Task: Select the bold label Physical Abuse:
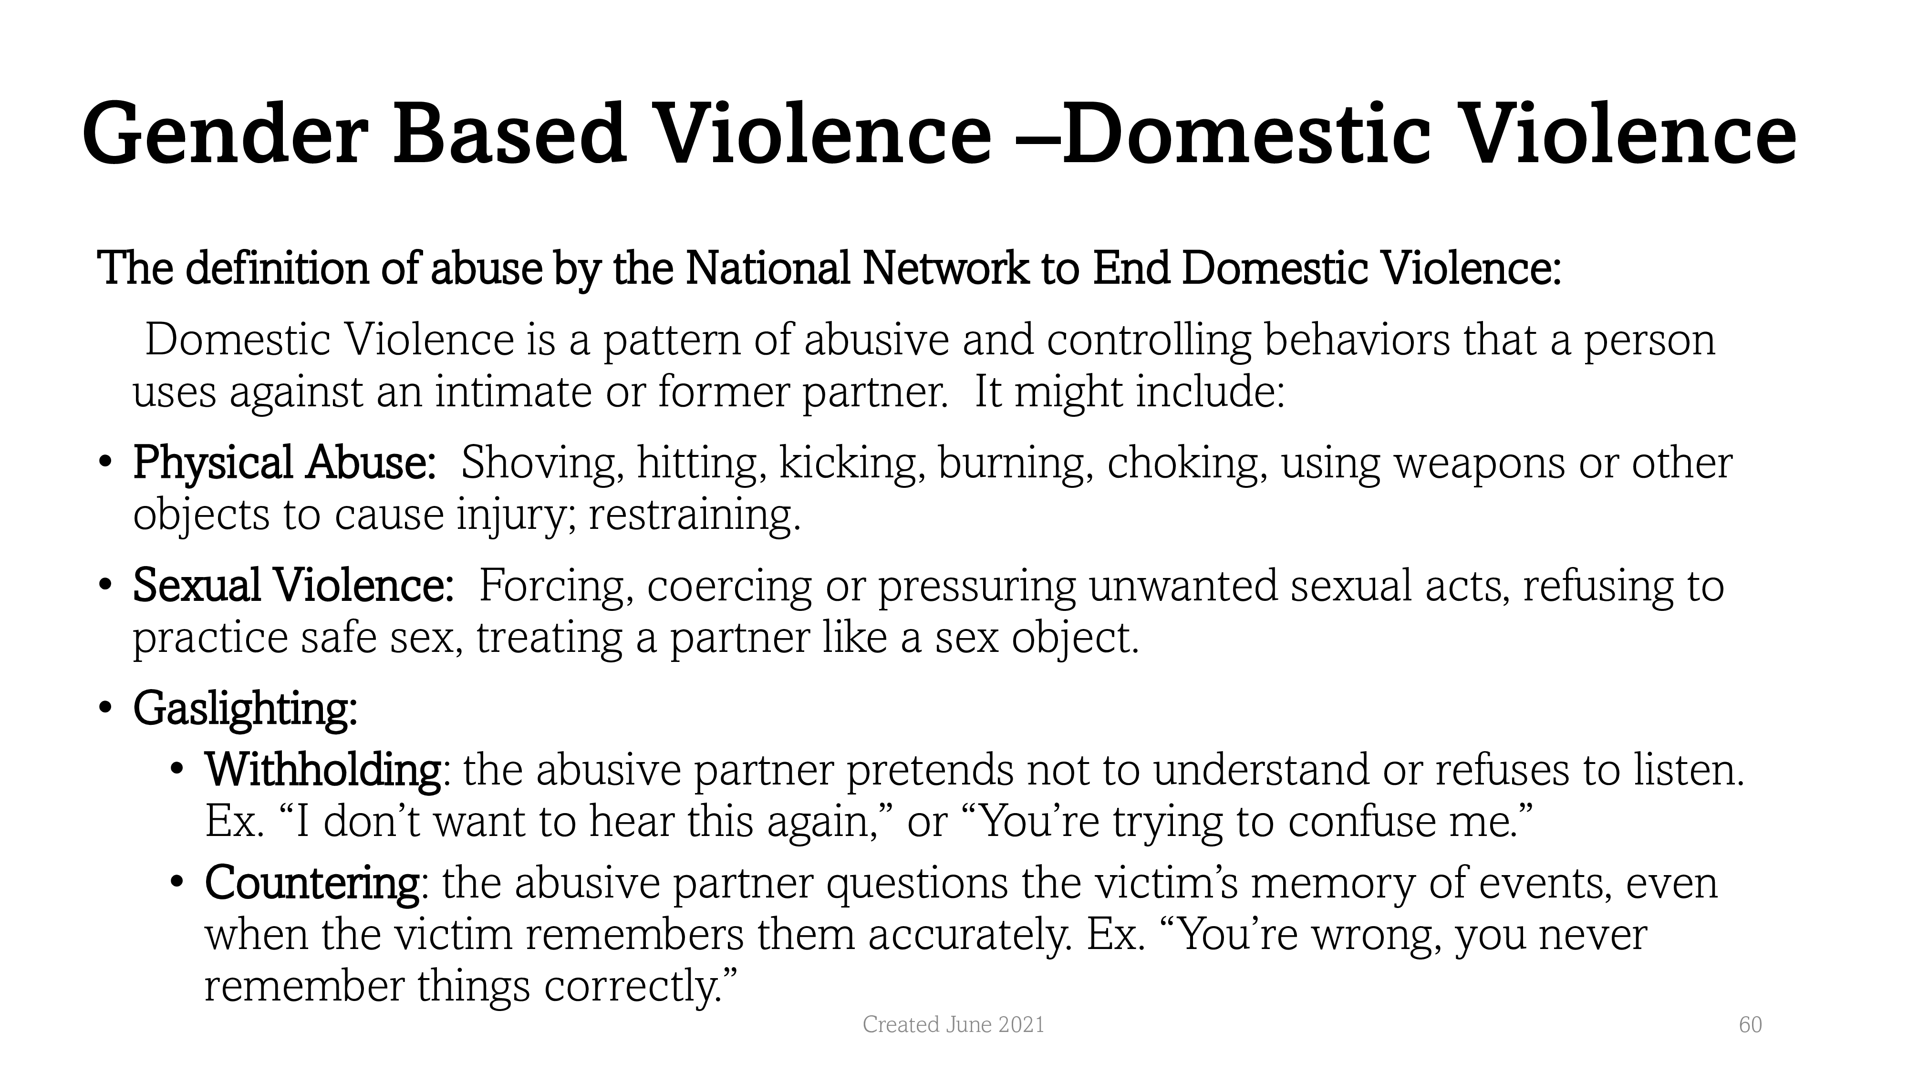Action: [284, 463]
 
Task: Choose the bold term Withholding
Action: [324, 770]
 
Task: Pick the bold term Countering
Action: [312, 883]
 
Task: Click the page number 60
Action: [1750, 1025]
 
